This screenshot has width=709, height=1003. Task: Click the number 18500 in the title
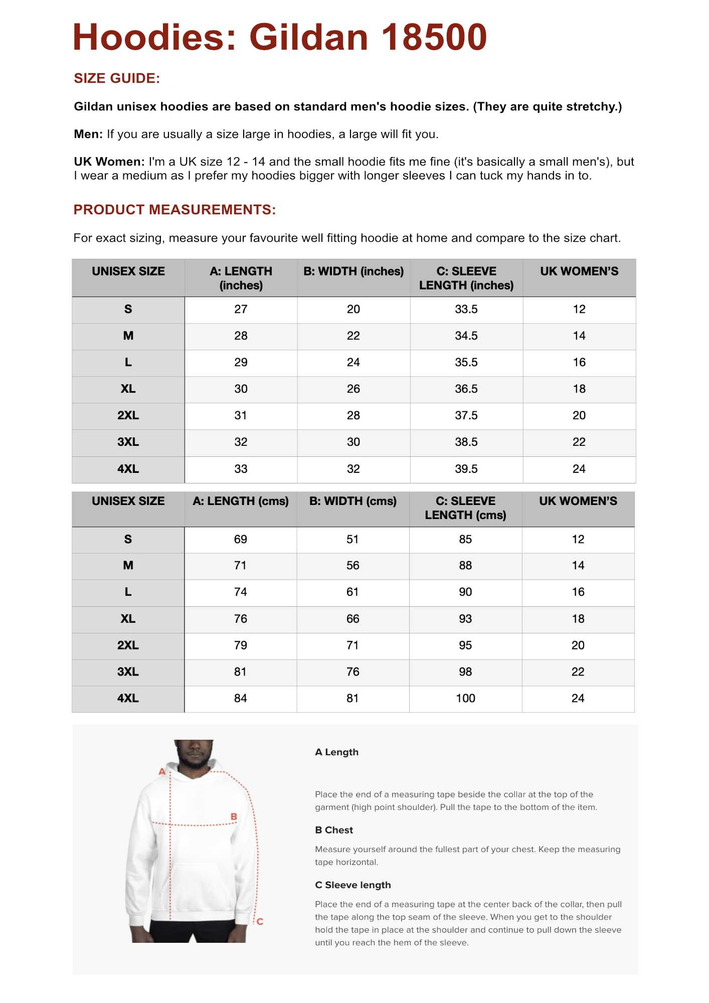pyautogui.click(x=434, y=38)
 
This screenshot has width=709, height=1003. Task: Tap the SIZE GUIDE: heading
pyautogui.click(x=117, y=78)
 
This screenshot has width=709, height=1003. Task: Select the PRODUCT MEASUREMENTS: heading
pyautogui.click(x=174, y=210)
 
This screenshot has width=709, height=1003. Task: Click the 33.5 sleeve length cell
pyautogui.click(x=466, y=309)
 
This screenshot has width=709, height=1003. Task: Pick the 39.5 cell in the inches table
pyautogui.click(x=466, y=469)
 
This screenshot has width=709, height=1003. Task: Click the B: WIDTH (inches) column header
pyautogui.click(x=353, y=271)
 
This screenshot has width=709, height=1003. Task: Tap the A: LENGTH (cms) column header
pyautogui.click(x=241, y=501)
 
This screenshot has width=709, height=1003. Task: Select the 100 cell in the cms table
pyautogui.click(x=465, y=698)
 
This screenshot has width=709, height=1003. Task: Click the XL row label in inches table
pyautogui.click(x=128, y=389)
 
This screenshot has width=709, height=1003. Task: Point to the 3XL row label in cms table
pyautogui.click(x=128, y=672)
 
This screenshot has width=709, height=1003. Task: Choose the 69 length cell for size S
pyautogui.click(x=240, y=540)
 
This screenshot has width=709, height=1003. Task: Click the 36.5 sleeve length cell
pyautogui.click(x=466, y=389)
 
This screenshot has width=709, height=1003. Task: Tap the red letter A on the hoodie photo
pyautogui.click(x=162, y=772)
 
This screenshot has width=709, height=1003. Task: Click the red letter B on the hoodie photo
pyautogui.click(x=234, y=817)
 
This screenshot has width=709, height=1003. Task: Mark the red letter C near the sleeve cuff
pyautogui.click(x=260, y=922)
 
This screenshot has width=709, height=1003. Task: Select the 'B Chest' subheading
pyautogui.click(x=334, y=830)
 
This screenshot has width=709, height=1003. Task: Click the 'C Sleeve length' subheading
pyautogui.click(x=352, y=885)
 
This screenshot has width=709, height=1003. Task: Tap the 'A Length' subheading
pyautogui.click(x=336, y=752)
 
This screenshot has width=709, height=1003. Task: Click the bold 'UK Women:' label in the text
pyautogui.click(x=109, y=162)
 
